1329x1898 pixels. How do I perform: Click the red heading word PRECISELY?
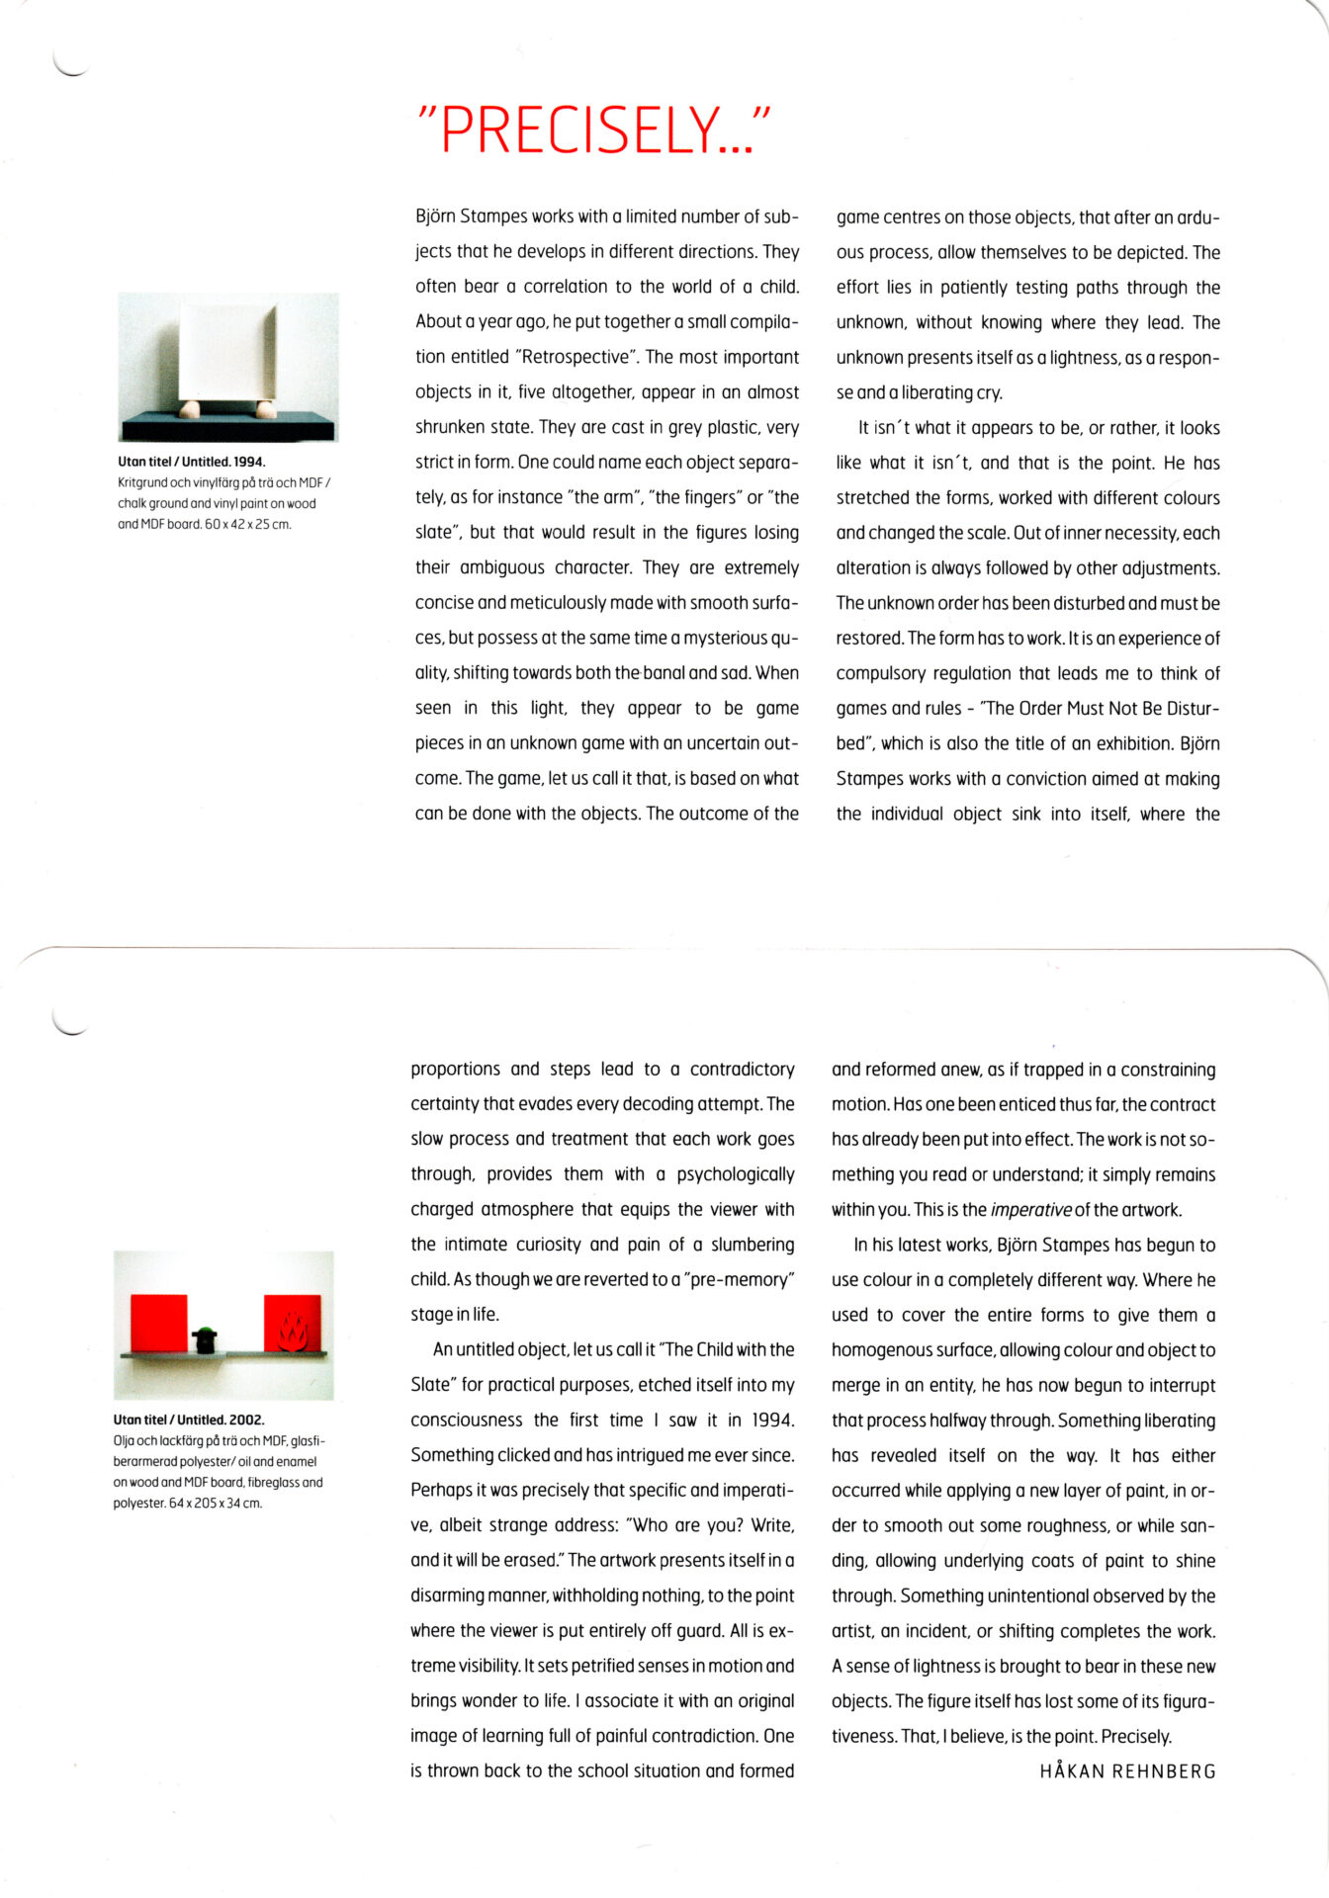591,129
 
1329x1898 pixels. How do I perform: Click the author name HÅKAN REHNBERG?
1127,1770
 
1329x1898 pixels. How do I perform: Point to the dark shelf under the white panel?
227,425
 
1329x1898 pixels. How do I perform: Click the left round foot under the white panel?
191,408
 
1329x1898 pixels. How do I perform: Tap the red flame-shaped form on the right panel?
293,1331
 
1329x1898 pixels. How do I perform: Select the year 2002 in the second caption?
246,1420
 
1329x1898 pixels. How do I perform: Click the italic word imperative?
1030,1210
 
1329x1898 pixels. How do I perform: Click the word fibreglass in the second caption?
272,1482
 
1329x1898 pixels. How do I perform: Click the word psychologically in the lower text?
736,1174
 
